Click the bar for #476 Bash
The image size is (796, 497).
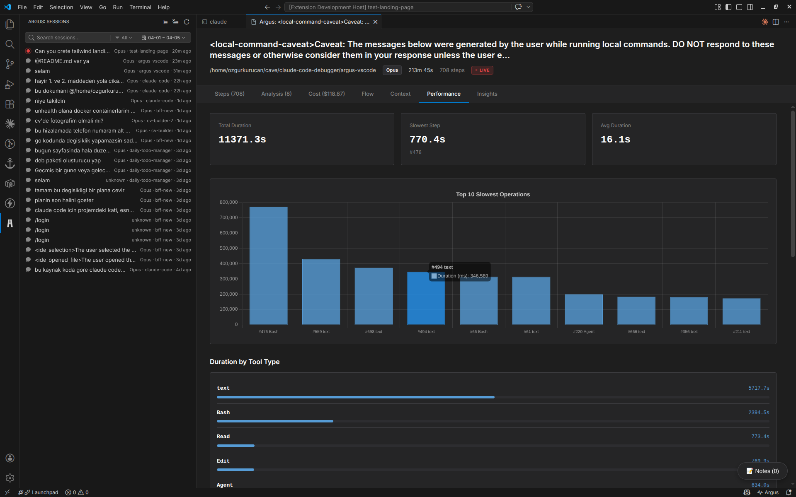click(x=268, y=265)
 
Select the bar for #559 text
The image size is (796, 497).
click(x=321, y=292)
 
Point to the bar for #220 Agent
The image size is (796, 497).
click(x=584, y=309)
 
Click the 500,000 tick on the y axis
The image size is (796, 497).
click(x=228, y=248)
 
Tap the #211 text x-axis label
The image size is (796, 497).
click(x=741, y=332)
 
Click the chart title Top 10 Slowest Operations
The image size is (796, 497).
click(x=493, y=194)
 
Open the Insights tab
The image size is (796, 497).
click(x=487, y=94)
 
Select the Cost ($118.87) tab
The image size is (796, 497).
click(x=326, y=94)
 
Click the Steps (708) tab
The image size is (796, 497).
click(x=229, y=94)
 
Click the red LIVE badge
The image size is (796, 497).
click(x=482, y=70)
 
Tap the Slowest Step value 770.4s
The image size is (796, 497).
click(x=427, y=140)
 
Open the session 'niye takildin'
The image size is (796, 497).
click(x=50, y=101)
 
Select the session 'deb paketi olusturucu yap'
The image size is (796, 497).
click(x=68, y=160)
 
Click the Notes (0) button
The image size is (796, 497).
click(x=762, y=471)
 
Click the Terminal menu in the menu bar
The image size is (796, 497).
click(x=140, y=7)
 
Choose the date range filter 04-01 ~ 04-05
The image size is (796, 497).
click(x=163, y=38)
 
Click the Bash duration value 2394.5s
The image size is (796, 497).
click(x=758, y=413)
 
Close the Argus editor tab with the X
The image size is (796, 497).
click(x=375, y=22)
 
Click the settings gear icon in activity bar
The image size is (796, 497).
click(x=10, y=478)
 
